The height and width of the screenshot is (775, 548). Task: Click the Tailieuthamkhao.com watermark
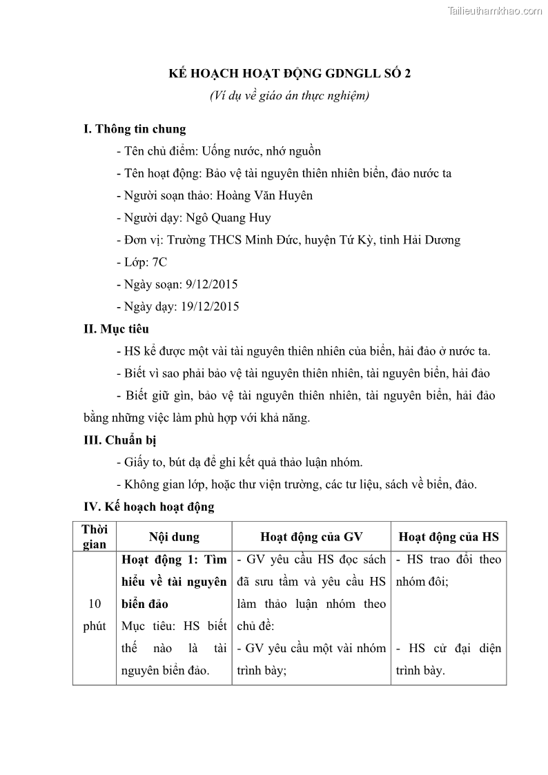pos(495,10)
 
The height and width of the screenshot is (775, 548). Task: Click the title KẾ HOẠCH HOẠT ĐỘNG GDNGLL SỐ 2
pos(290,74)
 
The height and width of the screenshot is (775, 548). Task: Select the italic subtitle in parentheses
pos(290,96)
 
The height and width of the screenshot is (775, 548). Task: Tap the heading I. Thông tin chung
pos(135,129)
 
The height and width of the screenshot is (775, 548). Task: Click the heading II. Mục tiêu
pos(116,329)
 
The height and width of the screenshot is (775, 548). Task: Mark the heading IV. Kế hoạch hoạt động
pos(149,507)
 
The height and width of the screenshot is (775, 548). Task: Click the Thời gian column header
pos(95,536)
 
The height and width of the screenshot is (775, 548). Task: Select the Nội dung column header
pos(174,536)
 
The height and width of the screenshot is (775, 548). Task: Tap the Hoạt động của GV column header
pos(311,536)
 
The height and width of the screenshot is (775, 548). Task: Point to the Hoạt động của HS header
pos(449,536)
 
